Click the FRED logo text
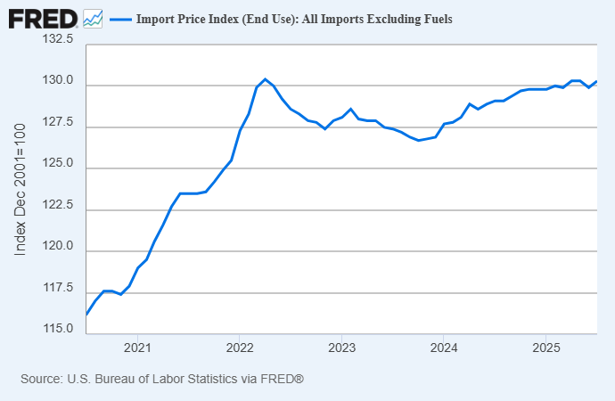click(x=42, y=17)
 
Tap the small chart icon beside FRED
click(x=93, y=18)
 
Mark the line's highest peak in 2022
click(x=265, y=79)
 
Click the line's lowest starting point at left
click(x=86, y=315)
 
